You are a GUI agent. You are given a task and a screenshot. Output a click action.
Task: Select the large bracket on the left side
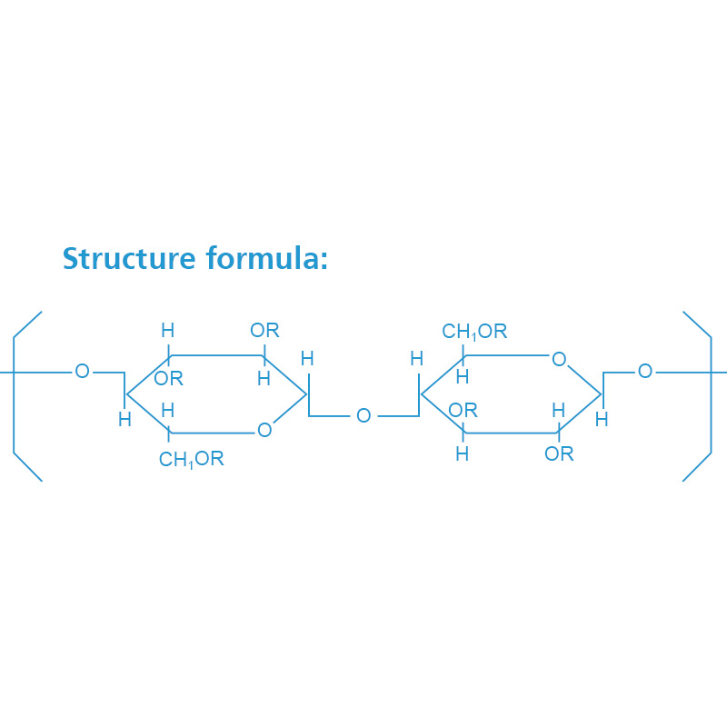[x=20, y=395]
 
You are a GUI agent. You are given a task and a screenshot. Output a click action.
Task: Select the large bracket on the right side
[x=705, y=395]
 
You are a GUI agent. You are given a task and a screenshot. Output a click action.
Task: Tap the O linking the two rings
[x=363, y=416]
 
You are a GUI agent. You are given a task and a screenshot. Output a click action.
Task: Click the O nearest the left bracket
[x=82, y=371]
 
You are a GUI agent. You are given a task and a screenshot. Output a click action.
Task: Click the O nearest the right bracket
[x=645, y=371]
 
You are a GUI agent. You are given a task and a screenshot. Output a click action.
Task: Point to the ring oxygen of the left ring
[x=264, y=430]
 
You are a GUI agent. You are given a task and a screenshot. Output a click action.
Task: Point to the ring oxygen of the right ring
[x=559, y=360]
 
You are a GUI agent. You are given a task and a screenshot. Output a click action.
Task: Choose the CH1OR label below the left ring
[x=191, y=460]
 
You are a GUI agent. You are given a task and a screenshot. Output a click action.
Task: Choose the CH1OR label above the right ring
[x=474, y=332]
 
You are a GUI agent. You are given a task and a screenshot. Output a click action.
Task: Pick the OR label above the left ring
[x=264, y=330]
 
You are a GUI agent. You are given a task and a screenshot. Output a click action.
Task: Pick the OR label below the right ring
[x=559, y=453]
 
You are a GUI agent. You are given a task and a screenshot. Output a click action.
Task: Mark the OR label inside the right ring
[x=463, y=411]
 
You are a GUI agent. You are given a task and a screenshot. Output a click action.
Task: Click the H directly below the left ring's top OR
[x=264, y=379]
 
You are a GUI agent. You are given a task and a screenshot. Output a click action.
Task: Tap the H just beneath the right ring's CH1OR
[x=463, y=376]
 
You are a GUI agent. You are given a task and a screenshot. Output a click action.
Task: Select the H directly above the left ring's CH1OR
[x=168, y=411]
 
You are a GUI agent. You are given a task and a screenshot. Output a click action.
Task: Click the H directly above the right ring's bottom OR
[x=559, y=411]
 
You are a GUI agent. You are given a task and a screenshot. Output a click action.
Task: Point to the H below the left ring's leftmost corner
[x=124, y=420]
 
